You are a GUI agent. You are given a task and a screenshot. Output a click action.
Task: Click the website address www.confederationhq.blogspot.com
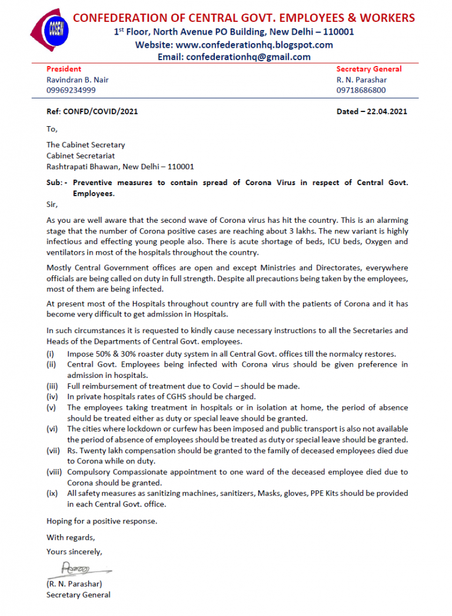point(254,45)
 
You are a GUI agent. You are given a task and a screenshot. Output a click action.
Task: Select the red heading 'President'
point(64,69)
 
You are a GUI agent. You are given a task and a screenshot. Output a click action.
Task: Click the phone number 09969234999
point(71,90)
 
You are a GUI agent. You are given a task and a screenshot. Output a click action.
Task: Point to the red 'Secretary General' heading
point(369,69)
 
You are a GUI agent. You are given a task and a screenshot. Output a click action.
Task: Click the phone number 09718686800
point(361,90)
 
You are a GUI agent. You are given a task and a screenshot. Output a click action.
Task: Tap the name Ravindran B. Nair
point(78,80)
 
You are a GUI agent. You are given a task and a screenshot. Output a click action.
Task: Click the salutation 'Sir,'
point(52,204)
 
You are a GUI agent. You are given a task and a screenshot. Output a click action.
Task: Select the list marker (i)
point(51,354)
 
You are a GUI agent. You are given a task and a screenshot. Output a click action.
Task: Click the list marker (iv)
point(52,397)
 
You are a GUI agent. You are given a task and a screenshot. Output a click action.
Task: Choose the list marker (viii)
point(55,472)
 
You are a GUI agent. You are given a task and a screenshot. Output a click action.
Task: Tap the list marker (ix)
point(52,493)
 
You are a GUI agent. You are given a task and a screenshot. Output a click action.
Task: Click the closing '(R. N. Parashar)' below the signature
point(74,584)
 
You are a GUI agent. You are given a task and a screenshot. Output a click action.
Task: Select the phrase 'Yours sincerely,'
point(74,552)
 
